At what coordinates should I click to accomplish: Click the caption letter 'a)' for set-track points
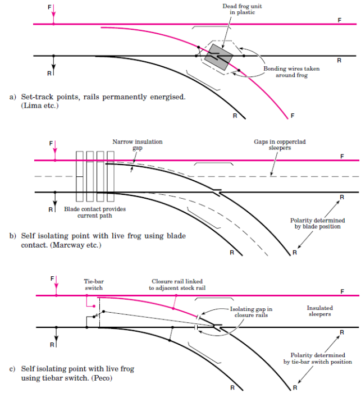coord(13,97)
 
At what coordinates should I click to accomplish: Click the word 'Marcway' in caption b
coord(49,245)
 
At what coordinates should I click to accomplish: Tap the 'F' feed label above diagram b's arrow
coord(51,144)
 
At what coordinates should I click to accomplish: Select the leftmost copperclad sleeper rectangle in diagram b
coord(80,176)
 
